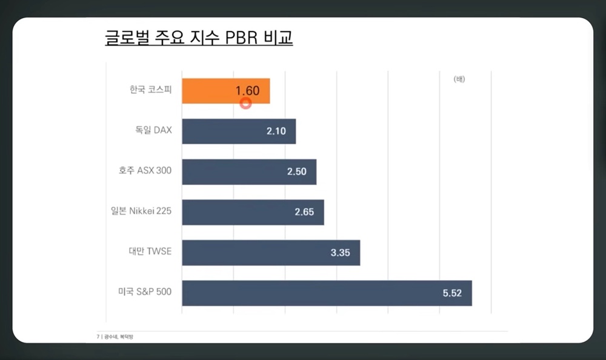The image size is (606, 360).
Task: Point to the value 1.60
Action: pos(247,91)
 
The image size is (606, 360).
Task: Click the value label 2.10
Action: pos(276,131)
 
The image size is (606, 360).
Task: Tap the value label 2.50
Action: pos(298,172)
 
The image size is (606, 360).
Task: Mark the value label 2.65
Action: pos(305,212)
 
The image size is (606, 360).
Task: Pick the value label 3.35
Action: pos(341,253)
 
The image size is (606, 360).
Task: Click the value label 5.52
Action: pos(452,293)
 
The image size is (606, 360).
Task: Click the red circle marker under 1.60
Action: pos(245,103)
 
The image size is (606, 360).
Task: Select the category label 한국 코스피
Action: pos(150,90)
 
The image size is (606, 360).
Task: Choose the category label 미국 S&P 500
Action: pos(145,292)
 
